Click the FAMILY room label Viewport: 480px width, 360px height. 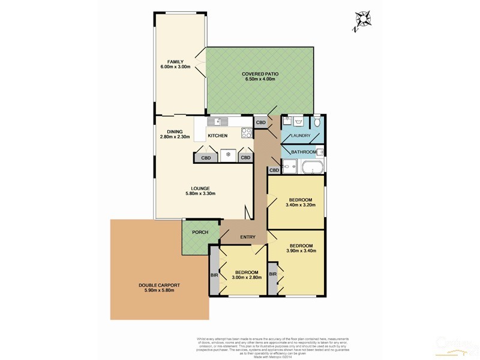[x=175, y=62]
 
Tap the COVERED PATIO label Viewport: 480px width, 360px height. [x=260, y=74]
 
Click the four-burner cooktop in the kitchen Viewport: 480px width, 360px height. [x=246, y=133]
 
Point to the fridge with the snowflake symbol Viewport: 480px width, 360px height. [x=228, y=155]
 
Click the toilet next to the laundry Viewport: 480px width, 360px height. [x=317, y=122]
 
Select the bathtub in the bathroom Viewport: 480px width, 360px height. [x=312, y=166]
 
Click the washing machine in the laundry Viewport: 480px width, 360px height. [x=287, y=122]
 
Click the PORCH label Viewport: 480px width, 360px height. [x=200, y=232]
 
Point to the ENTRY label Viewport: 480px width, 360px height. [x=248, y=237]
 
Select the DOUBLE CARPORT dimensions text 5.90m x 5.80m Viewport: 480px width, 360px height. [x=159, y=291]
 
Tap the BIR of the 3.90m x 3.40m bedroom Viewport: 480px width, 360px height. [x=273, y=274]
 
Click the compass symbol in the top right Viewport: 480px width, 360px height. [x=362, y=19]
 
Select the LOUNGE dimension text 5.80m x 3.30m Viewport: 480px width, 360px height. [x=197, y=193]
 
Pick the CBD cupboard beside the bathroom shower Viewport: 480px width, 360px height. [x=274, y=170]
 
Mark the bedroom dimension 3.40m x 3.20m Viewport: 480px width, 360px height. [x=301, y=205]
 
